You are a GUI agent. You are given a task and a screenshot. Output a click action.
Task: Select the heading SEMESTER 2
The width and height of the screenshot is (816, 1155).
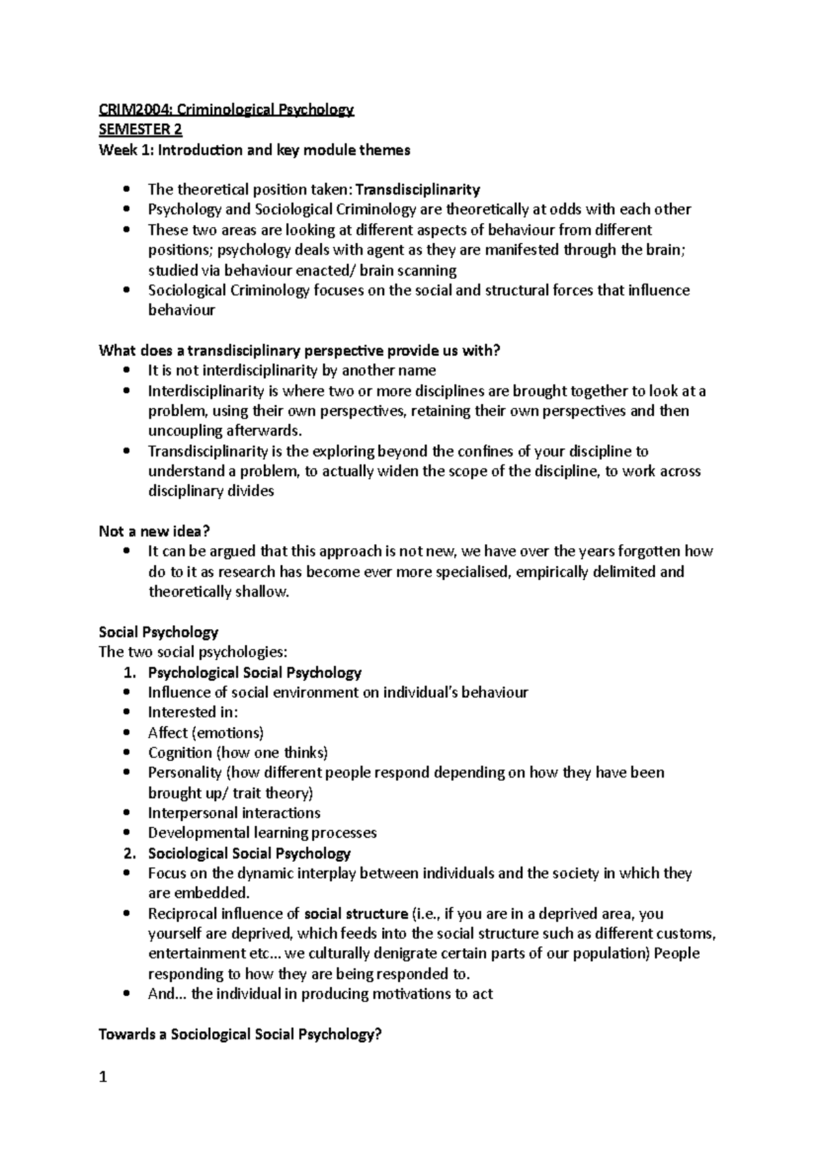pyautogui.click(x=141, y=129)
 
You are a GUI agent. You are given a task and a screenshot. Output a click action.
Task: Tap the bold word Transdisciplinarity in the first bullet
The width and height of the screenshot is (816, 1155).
pyautogui.click(x=418, y=189)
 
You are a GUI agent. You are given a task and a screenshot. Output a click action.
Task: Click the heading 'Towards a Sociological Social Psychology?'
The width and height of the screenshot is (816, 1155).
pyautogui.click(x=240, y=1035)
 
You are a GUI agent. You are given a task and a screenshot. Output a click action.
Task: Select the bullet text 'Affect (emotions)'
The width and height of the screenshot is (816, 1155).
pyautogui.click(x=205, y=733)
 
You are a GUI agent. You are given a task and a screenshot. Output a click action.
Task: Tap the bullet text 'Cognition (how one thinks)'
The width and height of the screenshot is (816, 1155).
pyautogui.click(x=238, y=752)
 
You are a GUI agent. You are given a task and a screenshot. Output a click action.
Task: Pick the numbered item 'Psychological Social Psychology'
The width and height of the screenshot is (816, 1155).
pyautogui.click(x=254, y=673)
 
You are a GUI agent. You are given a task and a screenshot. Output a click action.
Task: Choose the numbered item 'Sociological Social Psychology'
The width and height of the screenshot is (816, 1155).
pyautogui.click(x=249, y=853)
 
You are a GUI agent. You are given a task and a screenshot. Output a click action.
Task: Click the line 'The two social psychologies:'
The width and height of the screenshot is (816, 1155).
pyautogui.click(x=193, y=652)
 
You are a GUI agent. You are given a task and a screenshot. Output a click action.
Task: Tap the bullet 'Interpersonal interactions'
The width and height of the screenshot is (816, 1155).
pyautogui.click(x=234, y=813)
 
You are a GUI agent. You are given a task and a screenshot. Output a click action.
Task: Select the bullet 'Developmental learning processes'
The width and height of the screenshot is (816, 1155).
pyautogui.click(x=262, y=833)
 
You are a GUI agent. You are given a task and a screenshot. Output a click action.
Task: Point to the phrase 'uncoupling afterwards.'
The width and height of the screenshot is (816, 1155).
pyautogui.click(x=223, y=431)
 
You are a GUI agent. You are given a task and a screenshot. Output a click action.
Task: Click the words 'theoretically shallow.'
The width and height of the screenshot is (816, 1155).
pyautogui.click(x=219, y=592)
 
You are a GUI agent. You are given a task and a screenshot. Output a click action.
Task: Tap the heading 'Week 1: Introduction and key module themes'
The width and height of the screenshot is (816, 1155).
pyautogui.click(x=254, y=150)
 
